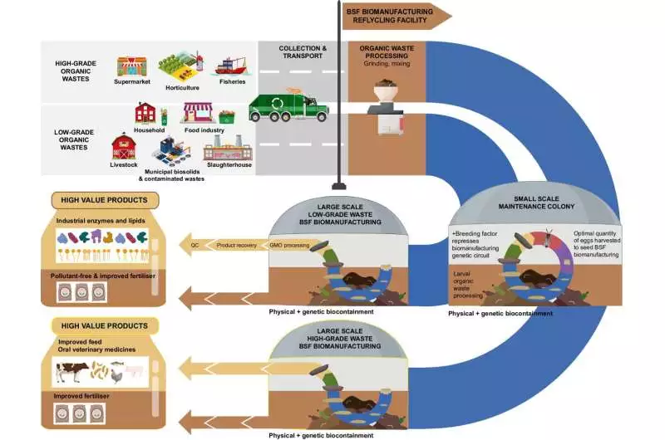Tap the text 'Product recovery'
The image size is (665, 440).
tap(237, 245)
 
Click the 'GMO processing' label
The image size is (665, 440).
tap(288, 245)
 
